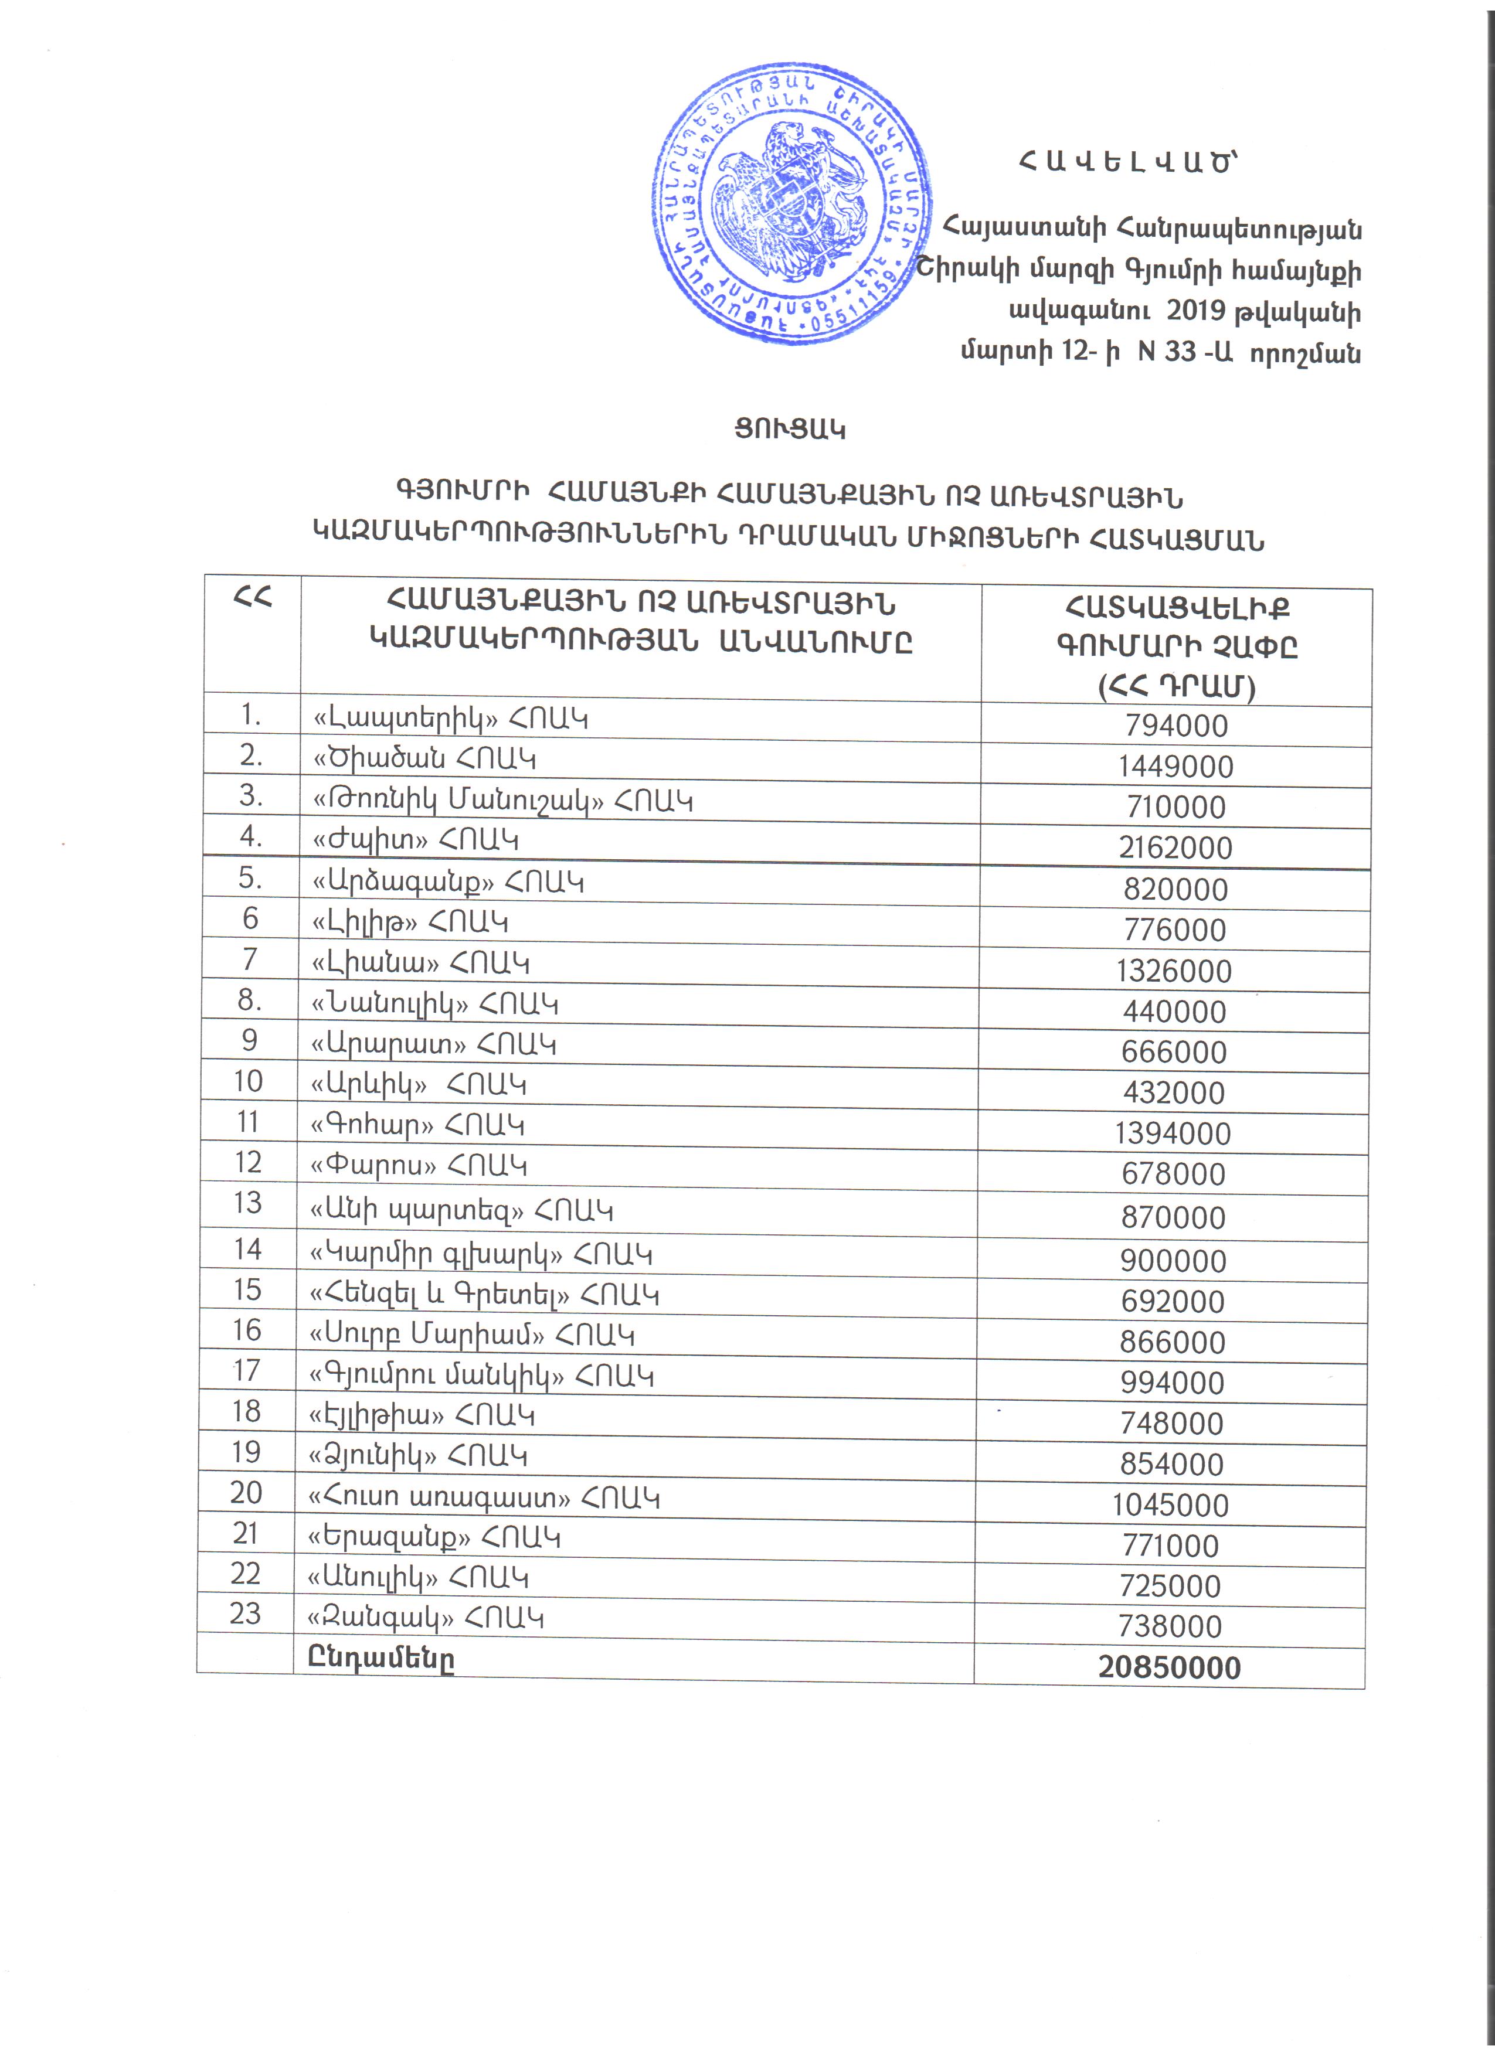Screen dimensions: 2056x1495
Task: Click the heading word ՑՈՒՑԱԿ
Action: (x=790, y=429)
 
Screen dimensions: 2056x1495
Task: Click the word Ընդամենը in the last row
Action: (x=380, y=1659)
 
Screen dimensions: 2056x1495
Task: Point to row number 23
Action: (x=246, y=1614)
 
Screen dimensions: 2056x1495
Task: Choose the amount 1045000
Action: (x=1170, y=1506)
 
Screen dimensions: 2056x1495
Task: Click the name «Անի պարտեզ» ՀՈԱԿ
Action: (x=461, y=1211)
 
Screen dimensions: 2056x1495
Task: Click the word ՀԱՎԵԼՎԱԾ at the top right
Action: (x=1127, y=162)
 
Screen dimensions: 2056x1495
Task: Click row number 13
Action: (x=247, y=1203)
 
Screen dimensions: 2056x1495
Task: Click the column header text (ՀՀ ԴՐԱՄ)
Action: (x=1177, y=687)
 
